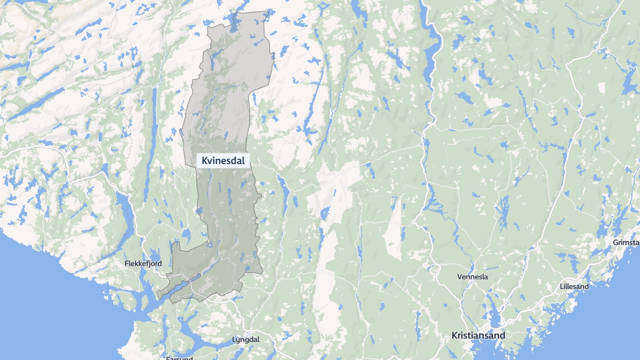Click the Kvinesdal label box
click(223, 161)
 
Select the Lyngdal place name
click(246, 340)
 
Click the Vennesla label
click(473, 277)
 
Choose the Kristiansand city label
click(478, 336)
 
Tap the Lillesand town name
click(574, 286)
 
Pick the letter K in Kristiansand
click(454, 336)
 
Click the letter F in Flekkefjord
click(126, 263)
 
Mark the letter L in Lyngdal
click(235, 340)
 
